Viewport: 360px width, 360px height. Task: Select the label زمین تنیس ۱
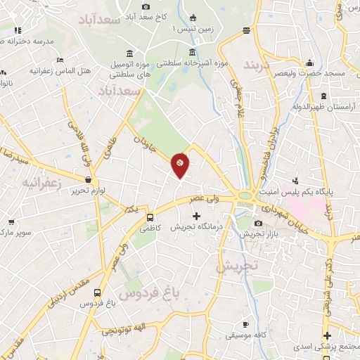(x=195, y=30)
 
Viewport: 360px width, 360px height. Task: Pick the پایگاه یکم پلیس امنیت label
(x=328, y=190)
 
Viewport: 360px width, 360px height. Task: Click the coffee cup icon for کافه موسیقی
(x=245, y=324)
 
